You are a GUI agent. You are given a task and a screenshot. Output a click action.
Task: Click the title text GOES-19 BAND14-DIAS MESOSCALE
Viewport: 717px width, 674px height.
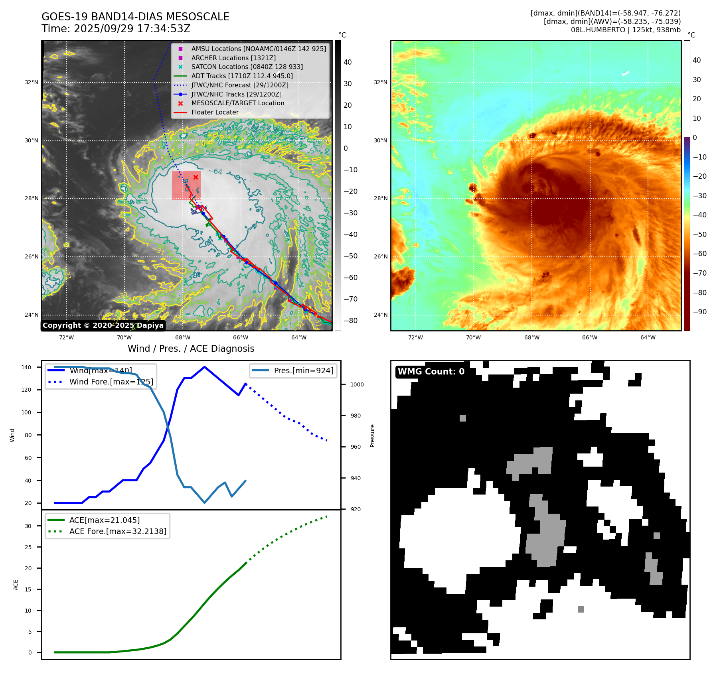click(135, 17)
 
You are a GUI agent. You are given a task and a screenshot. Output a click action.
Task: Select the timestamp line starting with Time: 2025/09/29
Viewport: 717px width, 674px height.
click(116, 29)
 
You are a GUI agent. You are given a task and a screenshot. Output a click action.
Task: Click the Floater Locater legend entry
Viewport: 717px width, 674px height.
click(215, 112)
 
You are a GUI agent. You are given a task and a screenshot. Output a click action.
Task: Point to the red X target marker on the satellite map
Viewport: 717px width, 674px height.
click(196, 177)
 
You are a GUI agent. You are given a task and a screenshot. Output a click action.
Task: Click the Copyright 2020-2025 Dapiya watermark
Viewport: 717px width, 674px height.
click(103, 325)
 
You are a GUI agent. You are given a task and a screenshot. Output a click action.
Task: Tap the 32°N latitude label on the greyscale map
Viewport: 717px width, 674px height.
click(32, 83)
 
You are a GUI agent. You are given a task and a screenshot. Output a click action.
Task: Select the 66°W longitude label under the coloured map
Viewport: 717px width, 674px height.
click(589, 337)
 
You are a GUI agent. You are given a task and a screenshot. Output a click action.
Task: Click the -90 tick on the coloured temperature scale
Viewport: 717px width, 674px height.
click(699, 312)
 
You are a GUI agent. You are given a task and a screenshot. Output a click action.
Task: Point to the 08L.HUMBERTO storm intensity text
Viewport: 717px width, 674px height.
click(626, 30)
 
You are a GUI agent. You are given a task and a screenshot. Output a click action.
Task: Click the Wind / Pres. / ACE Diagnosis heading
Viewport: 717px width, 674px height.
click(191, 349)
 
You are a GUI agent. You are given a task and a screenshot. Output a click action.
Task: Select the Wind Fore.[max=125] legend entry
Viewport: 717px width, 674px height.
click(111, 382)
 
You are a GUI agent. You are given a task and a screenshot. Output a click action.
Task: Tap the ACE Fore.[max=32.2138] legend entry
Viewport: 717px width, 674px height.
click(118, 531)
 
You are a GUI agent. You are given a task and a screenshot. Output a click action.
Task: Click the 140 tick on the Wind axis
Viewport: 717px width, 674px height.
click(26, 367)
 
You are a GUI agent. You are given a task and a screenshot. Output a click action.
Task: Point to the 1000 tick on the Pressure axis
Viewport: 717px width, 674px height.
click(357, 384)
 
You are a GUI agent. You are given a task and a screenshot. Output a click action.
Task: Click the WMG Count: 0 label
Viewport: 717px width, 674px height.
click(431, 372)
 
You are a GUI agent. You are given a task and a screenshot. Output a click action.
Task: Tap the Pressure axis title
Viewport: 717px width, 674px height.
click(372, 436)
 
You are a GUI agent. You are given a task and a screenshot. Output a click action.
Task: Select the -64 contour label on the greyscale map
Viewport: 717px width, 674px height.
click(215, 171)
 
